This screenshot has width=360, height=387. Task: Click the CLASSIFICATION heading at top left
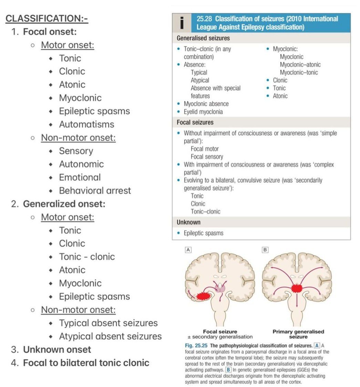(47, 18)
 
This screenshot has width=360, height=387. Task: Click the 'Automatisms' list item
(86, 124)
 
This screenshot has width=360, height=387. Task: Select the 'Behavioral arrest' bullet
(95, 190)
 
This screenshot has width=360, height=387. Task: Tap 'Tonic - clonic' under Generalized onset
(87, 257)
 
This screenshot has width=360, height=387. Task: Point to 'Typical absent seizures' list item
(108, 323)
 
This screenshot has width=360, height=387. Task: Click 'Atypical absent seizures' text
(110, 336)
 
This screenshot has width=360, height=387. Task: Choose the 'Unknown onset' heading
(57, 349)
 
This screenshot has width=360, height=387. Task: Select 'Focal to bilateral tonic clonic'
(86, 363)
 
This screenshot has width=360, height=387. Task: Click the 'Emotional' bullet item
(80, 177)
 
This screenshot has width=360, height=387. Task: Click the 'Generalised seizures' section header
(203, 38)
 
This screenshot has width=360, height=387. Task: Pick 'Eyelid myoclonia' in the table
(203, 112)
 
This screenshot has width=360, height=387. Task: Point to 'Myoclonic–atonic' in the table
(300, 64)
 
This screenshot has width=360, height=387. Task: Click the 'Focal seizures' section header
(195, 122)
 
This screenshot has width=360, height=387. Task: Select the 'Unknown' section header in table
(188, 222)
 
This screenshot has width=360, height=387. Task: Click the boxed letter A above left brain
(188, 249)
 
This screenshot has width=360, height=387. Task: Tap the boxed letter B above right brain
(265, 249)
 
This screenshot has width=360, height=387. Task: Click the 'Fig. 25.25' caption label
(196, 346)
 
